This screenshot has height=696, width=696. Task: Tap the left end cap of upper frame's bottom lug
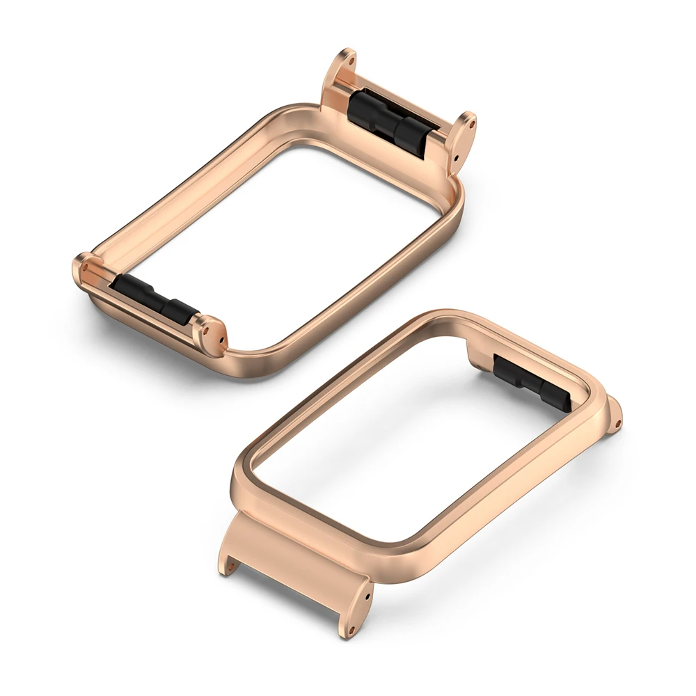[x=84, y=269]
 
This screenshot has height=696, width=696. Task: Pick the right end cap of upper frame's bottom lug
[x=212, y=335]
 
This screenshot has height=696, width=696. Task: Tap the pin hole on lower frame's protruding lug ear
[x=617, y=420]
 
